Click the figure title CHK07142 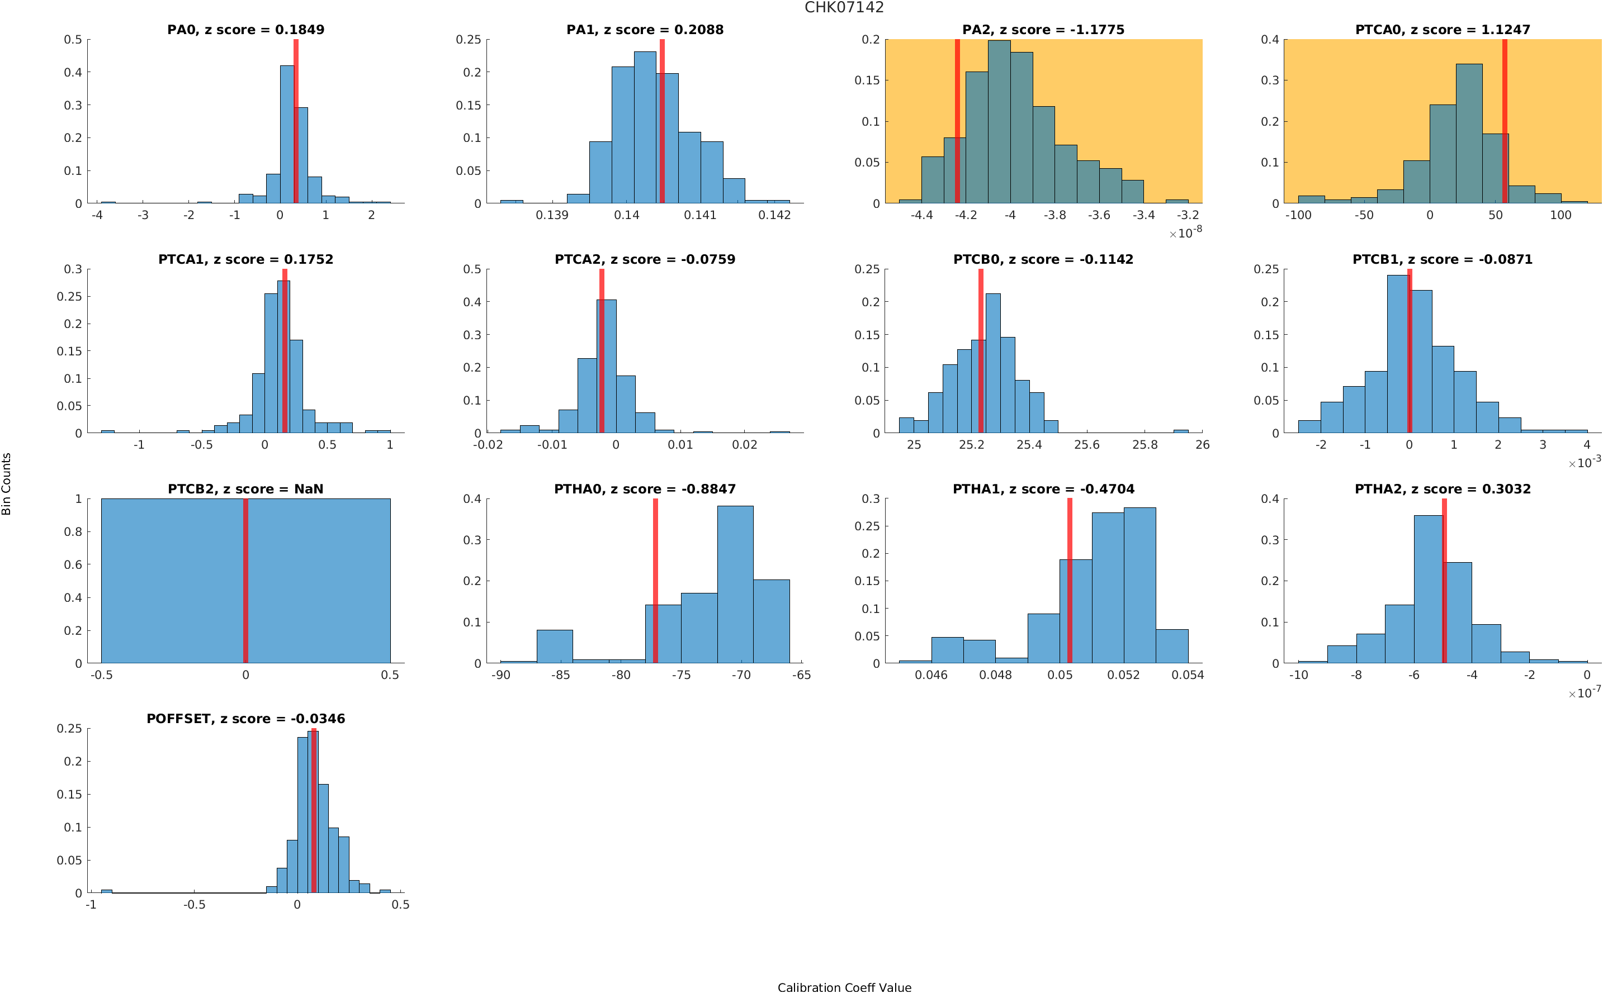pos(844,7)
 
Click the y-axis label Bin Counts pos(7,483)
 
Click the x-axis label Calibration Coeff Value pos(844,986)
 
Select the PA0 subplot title pos(245,30)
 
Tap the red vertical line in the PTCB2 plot pos(245,581)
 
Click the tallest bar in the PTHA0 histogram pos(735,585)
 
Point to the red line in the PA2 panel pos(957,121)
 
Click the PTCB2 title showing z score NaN pos(245,490)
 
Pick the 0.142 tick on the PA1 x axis pos(774,215)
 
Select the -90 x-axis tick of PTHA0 pos(500,675)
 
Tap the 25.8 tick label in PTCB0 pos(1145,445)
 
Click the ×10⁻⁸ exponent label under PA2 pos(1185,232)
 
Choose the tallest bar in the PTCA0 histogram pos(1468,134)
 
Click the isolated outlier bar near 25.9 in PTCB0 pos(1180,431)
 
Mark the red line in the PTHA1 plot pos(1070,581)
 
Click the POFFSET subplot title pos(245,719)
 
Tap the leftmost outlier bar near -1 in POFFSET pos(106,891)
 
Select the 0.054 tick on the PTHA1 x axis pos(1187,675)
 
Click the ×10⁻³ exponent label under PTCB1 pos(1585,462)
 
